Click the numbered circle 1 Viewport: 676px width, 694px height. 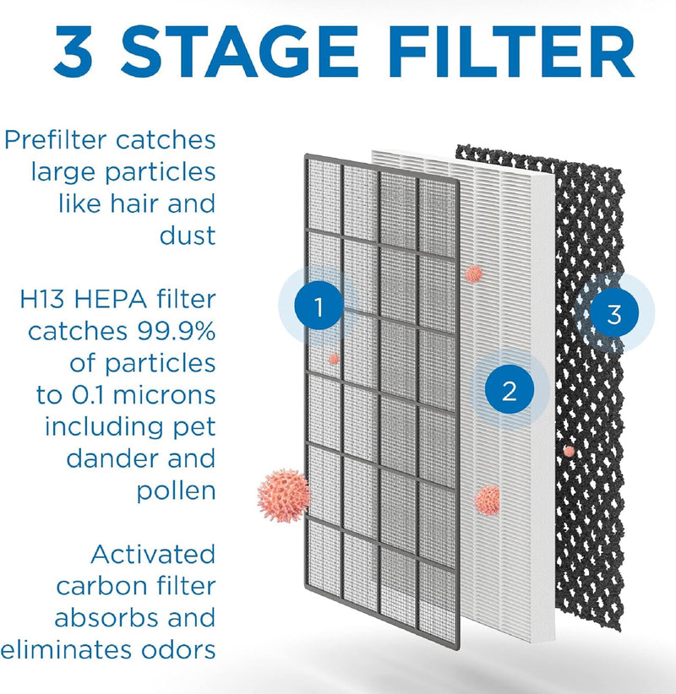pos(319,306)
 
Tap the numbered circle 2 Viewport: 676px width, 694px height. pos(509,390)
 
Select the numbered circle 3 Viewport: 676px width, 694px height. pos(614,313)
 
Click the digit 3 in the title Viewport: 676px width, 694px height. pos(74,52)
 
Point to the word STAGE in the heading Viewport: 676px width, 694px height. pos(239,52)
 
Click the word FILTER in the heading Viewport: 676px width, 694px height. pos(512,52)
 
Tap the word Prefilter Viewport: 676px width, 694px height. pos(57,140)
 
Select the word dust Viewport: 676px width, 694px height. pos(188,235)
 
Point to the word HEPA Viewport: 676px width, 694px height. pos(111,299)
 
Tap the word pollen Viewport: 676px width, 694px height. pos(177,491)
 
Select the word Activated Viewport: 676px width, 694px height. pos(153,555)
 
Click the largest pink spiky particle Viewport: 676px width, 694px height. pos(284,496)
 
